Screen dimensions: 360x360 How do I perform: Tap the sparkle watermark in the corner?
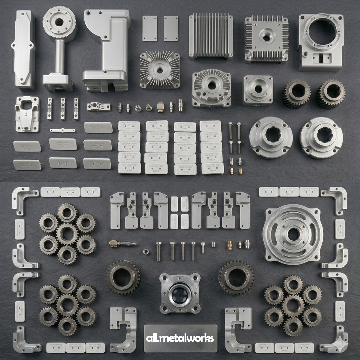(x=341, y=342)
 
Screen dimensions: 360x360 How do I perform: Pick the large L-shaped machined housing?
(x=107, y=50)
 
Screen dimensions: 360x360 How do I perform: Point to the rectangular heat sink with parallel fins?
(x=211, y=36)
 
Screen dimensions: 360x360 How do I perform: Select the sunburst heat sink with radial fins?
(x=160, y=70)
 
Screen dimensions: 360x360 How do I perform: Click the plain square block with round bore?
(x=258, y=90)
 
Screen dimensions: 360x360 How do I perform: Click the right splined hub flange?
(x=321, y=137)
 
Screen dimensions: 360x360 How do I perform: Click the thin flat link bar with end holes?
(x=62, y=130)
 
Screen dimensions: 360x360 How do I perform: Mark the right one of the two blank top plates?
(x=171, y=28)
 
